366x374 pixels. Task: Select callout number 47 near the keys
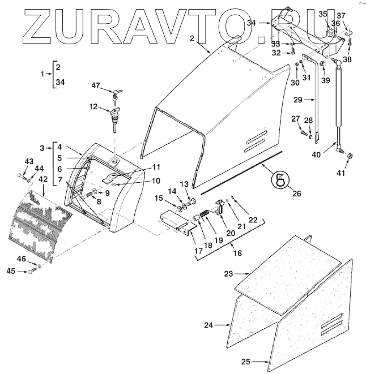pyautogui.click(x=96, y=85)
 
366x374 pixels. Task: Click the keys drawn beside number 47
pyautogui.click(x=116, y=96)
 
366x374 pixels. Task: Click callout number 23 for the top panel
pyautogui.click(x=228, y=274)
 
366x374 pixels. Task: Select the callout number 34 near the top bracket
pyautogui.click(x=252, y=23)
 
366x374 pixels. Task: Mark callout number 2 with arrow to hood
pyautogui.click(x=192, y=38)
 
